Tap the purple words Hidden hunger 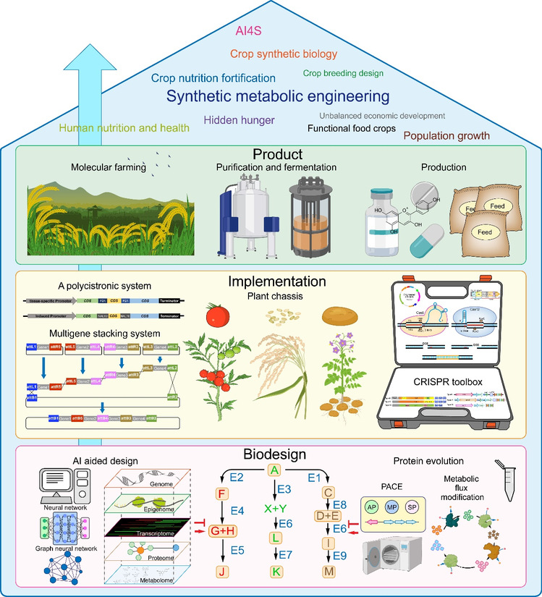point(235,120)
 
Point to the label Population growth point(446,135)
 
